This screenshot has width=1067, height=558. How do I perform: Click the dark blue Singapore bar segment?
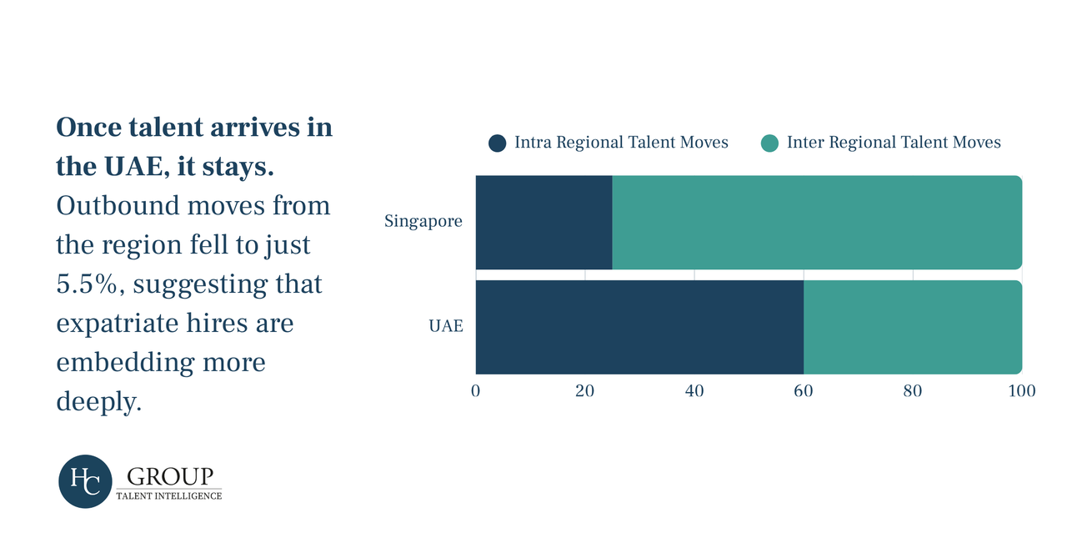tap(544, 222)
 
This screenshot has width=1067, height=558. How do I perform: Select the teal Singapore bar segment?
tap(817, 222)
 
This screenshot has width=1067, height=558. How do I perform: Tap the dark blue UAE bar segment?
tap(639, 327)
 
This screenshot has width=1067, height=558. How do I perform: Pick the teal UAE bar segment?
tap(913, 327)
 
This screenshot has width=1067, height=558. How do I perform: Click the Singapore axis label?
tap(423, 222)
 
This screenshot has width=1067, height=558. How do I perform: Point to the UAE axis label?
tap(446, 326)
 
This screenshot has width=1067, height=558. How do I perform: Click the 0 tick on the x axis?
tap(475, 391)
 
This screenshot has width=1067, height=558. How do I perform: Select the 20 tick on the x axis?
tap(585, 391)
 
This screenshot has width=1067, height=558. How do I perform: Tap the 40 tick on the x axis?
tap(694, 391)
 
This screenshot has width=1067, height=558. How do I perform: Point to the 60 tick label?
tap(804, 391)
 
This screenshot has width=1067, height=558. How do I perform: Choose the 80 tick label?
tap(913, 391)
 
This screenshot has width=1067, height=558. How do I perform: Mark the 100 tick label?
tap(1022, 391)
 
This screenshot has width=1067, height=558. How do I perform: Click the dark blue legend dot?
tap(498, 143)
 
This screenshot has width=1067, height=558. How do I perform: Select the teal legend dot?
tap(769, 143)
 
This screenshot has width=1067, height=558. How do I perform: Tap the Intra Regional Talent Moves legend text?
tap(621, 143)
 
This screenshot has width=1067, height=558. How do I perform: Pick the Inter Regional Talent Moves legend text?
tap(894, 143)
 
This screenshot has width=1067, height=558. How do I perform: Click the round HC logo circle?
tap(85, 481)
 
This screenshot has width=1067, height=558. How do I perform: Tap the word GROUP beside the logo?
tap(170, 477)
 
